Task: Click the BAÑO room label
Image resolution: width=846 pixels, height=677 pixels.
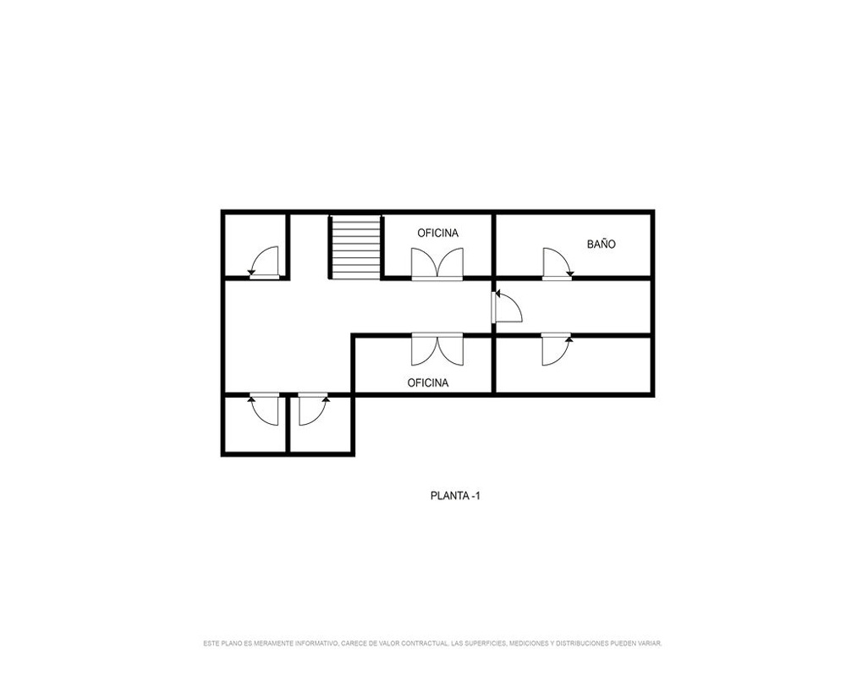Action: tap(601, 244)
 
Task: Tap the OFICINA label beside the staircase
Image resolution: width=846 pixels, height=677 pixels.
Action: tap(437, 233)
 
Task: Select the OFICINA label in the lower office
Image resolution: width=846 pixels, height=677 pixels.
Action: tap(428, 383)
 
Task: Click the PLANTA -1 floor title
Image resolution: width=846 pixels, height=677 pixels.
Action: tap(455, 495)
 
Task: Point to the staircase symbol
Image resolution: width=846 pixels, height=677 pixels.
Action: tap(355, 247)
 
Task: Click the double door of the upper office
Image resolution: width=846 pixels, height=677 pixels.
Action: tap(437, 264)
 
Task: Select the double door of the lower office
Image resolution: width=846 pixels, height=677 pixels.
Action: tap(437, 350)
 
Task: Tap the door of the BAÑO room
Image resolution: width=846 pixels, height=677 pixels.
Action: tap(558, 264)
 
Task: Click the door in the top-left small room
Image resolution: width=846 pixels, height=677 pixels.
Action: tap(264, 263)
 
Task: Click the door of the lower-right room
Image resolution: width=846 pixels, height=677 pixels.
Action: tap(557, 350)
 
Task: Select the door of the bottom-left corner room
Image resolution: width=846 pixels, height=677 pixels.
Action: tap(264, 410)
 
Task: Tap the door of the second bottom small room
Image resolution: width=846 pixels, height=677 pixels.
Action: tap(314, 410)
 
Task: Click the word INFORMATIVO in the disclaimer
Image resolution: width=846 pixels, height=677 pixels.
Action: tap(316, 643)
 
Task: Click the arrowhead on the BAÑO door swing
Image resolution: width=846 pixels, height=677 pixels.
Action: tap(569, 272)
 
